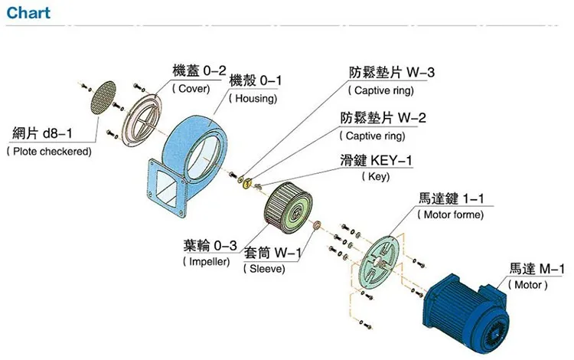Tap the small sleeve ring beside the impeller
(316, 227)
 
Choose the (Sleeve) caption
(264, 269)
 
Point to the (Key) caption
(375, 177)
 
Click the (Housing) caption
(256, 99)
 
